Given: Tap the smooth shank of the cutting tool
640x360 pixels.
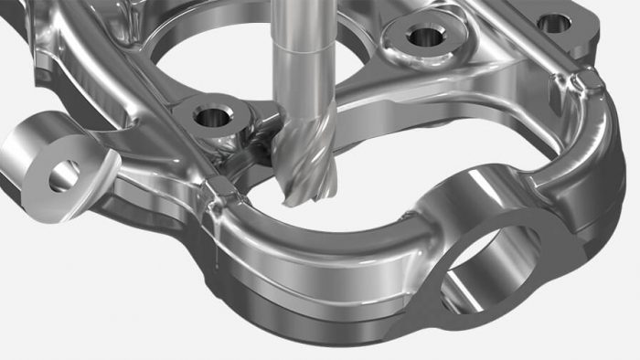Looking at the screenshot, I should pyautogui.click(x=302, y=55).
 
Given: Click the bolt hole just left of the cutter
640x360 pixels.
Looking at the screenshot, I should pyautogui.click(x=212, y=117).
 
